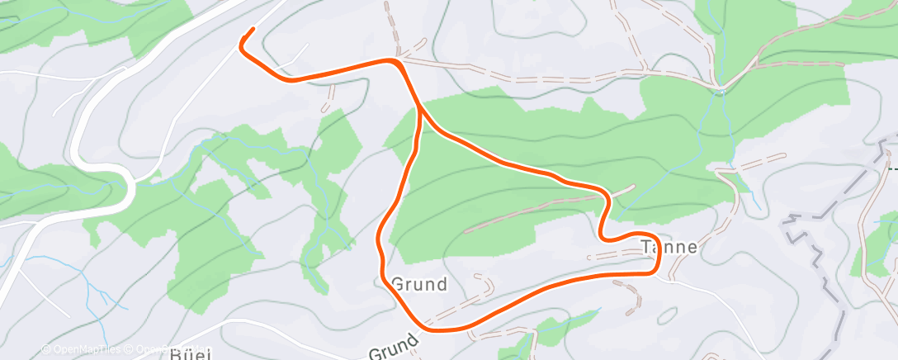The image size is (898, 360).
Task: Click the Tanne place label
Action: pos(669,246)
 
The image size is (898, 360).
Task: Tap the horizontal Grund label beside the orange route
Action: pos(419,285)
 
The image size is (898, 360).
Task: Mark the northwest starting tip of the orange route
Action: pos(252,31)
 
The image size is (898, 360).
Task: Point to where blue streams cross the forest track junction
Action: pos(721,87)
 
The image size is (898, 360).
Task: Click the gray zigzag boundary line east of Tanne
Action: pos(813,248)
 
